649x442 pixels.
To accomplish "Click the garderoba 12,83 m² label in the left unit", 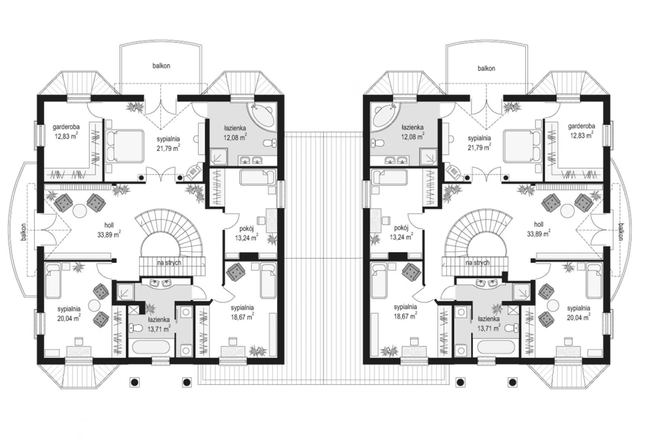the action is click(67, 131).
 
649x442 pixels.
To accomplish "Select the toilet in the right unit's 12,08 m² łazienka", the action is click(378, 143).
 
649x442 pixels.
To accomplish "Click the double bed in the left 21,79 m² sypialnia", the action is click(125, 146).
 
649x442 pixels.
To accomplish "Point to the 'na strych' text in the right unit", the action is click(477, 263).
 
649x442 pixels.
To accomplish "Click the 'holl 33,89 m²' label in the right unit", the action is click(539, 229).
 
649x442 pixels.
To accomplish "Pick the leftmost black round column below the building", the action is click(134, 382).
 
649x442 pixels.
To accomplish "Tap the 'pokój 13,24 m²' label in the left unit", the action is click(247, 233).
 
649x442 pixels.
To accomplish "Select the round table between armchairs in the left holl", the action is click(80, 210).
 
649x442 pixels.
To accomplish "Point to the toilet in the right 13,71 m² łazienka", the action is click(511, 328).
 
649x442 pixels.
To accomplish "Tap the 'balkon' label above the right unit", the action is click(486, 69).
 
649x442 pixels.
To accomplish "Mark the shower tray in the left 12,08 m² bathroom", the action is click(219, 157).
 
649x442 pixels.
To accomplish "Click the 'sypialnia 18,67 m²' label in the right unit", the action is click(405, 312).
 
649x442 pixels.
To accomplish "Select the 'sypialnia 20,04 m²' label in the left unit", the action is click(69, 314).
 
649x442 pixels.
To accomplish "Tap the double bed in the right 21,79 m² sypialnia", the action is click(523, 146).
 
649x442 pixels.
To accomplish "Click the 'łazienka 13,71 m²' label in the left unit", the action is click(159, 324).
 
